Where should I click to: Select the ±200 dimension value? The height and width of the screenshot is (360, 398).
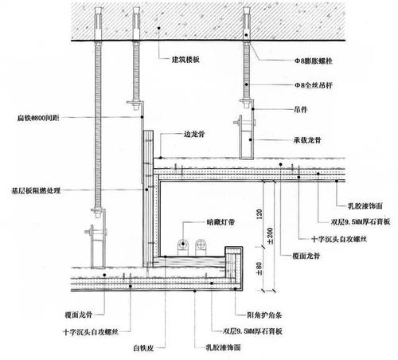271,237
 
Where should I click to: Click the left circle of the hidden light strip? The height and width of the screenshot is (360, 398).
182,246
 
